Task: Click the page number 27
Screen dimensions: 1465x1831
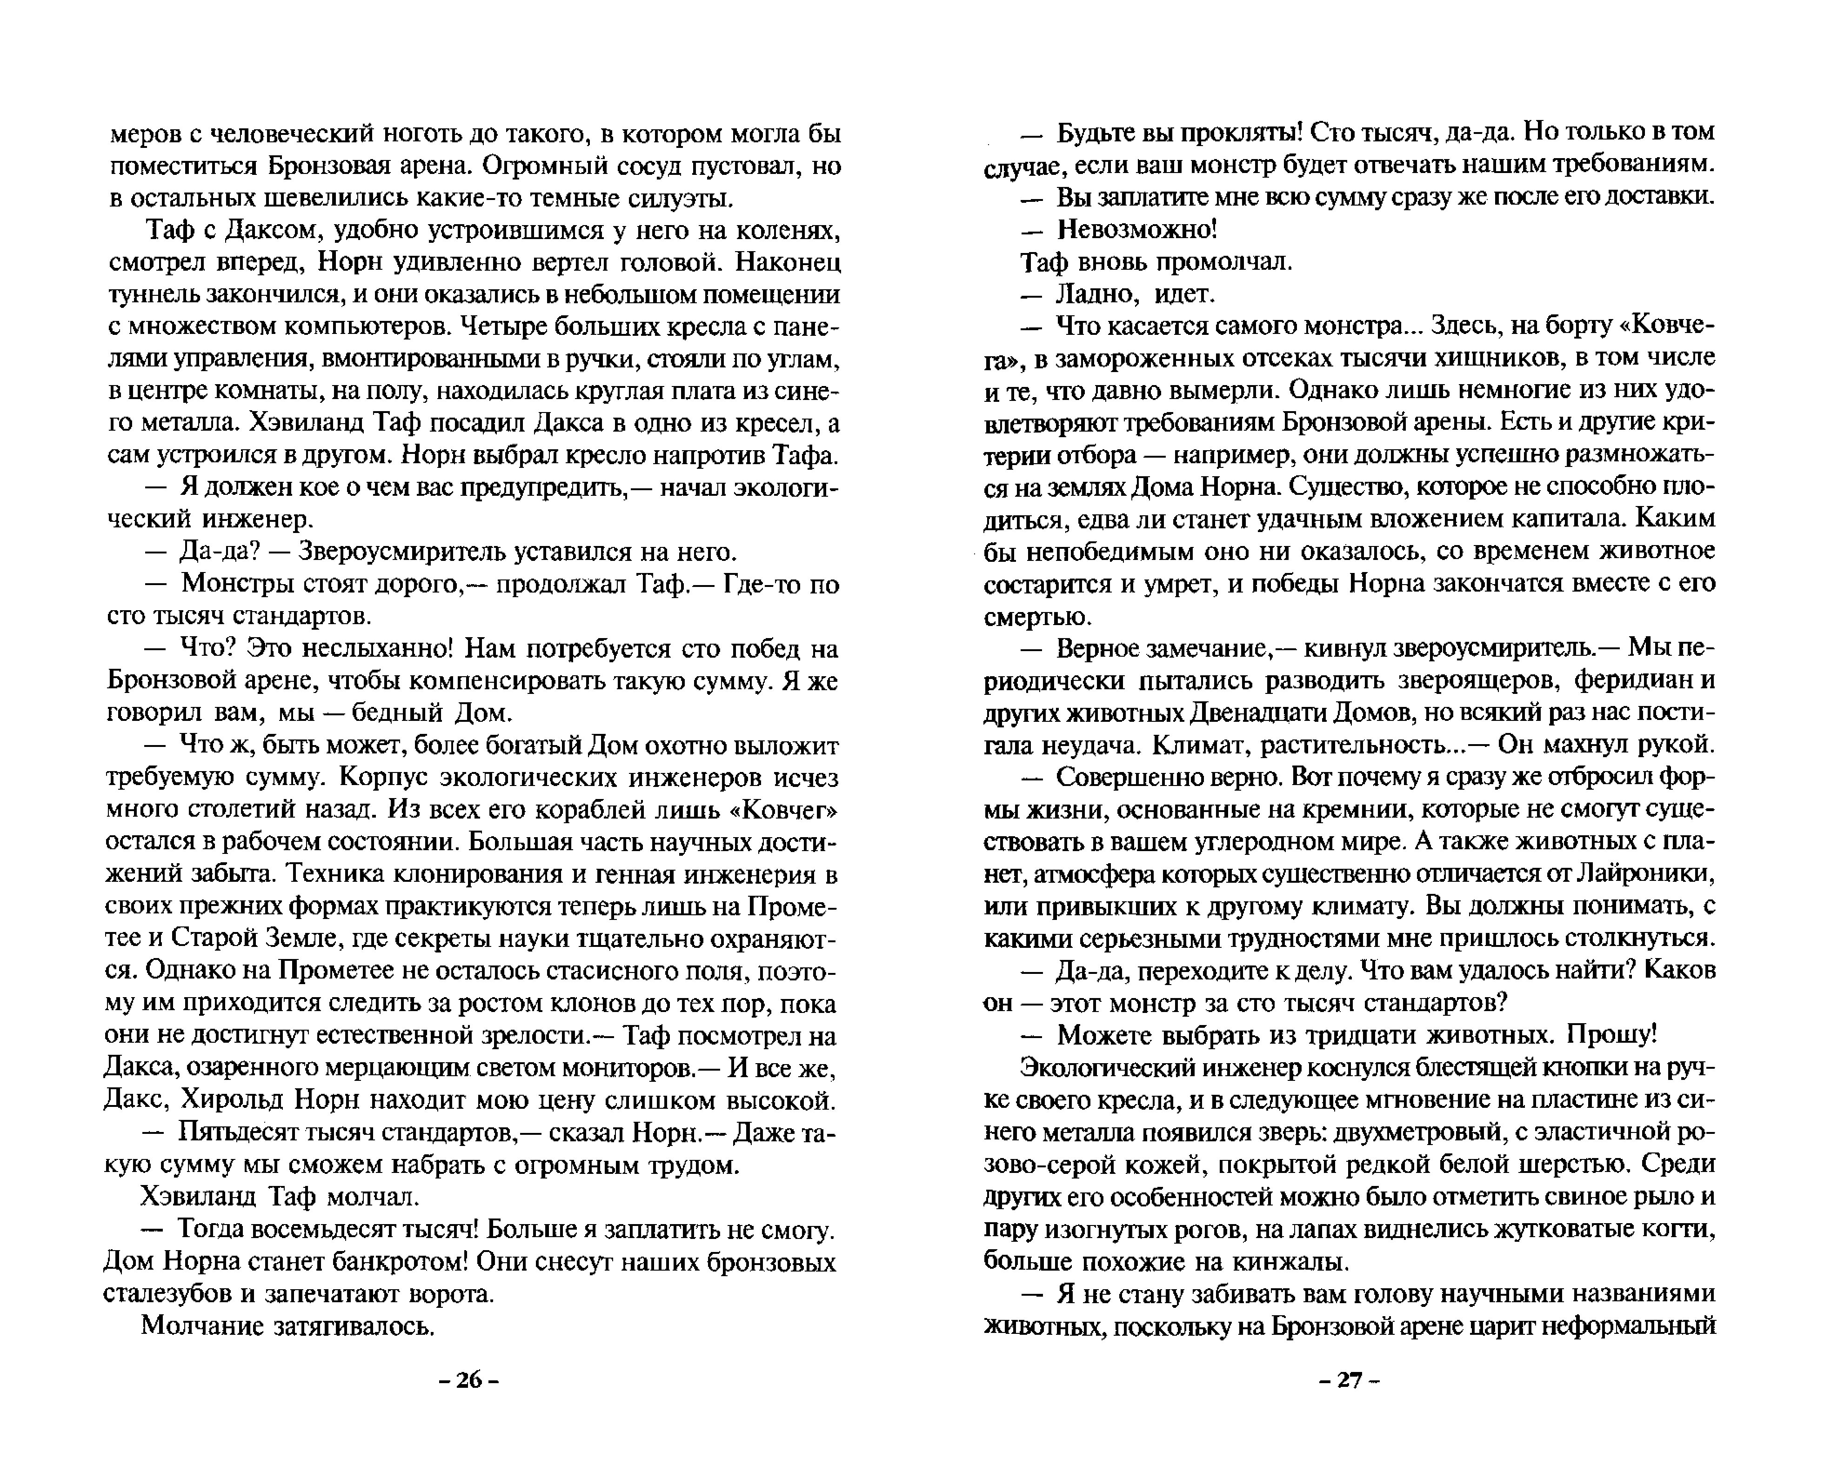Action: click(x=1350, y=1380)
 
